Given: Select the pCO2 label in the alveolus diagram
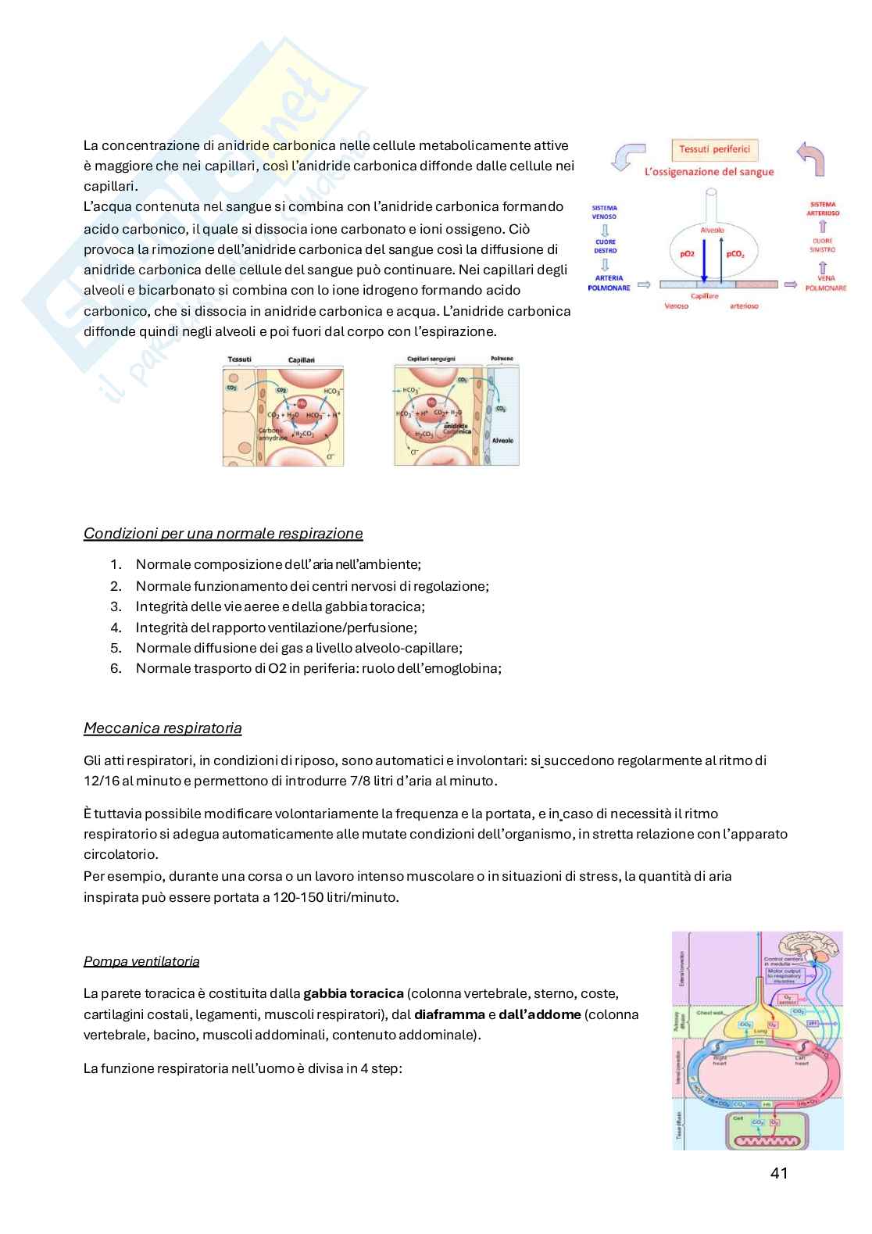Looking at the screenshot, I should (x=735, y=254).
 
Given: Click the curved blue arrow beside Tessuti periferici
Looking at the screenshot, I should (x=624, y=156).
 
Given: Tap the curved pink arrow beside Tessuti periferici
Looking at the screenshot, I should (x=810, y=156).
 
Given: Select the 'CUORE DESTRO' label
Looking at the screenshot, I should (x=605, y=246).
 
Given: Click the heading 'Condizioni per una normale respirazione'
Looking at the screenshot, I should (x=223, y=534).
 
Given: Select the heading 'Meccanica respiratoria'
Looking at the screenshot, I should (x=163, y=728).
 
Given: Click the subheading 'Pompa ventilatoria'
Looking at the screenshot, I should (x=141, y=961).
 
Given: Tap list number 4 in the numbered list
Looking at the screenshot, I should (x=116, y=628).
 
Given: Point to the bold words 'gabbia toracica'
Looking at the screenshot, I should (x=353, y=994).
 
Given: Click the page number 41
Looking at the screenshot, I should (x=778, y=1173).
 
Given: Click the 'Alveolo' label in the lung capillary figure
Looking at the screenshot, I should (x=503, y=442).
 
